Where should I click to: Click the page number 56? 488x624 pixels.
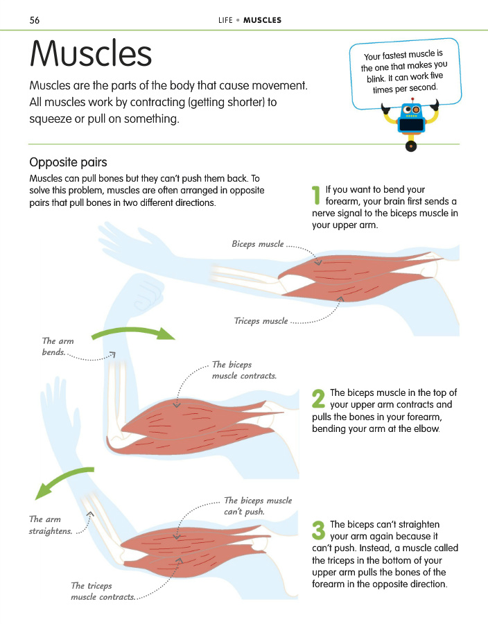(x=35, y=20)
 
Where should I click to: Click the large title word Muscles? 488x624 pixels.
(x=91, y=53)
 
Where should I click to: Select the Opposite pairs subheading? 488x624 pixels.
(x=68, y=162)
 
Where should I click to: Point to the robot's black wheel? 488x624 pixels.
(x=411, y=146)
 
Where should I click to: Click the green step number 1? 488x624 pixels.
(x=316, y=196)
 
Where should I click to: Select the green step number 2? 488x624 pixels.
(x=319, y=399)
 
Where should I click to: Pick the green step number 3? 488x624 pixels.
(x=319, y=530)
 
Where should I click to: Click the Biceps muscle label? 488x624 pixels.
(x=258, y=244)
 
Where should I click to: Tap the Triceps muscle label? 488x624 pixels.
(x=261, y=321)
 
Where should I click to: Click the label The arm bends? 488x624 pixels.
(x=58, y=347)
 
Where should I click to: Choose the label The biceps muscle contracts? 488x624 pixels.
(x=244, y=370)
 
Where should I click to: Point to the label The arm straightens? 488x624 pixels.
(x=51, y=525)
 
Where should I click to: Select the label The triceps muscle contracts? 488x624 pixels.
(x=103, y=591)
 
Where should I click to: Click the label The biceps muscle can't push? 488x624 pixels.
(x=258, y=506)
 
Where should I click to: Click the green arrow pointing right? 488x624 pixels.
(x=133, y=333)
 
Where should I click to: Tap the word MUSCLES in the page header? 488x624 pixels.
(x=262, y=20)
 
